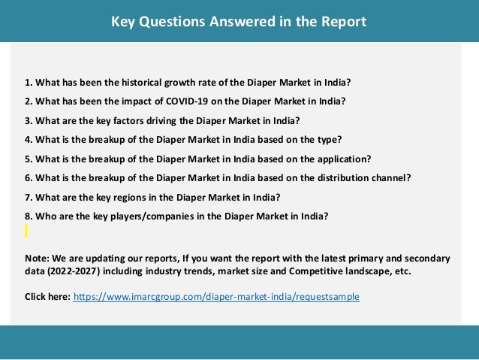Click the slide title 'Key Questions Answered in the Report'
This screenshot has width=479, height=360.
click(x=239, y=22)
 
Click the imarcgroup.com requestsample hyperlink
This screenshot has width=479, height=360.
click(x=216, y=297)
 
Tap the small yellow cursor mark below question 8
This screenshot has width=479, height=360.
click(x=26, y=231)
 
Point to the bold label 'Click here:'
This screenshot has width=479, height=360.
click(x=47, y=297)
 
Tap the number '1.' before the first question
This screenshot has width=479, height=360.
click(x=29, y=81)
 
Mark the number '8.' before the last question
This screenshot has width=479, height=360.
click(x=29, y=216)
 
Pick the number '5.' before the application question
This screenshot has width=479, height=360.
click(x=29, y=159)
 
